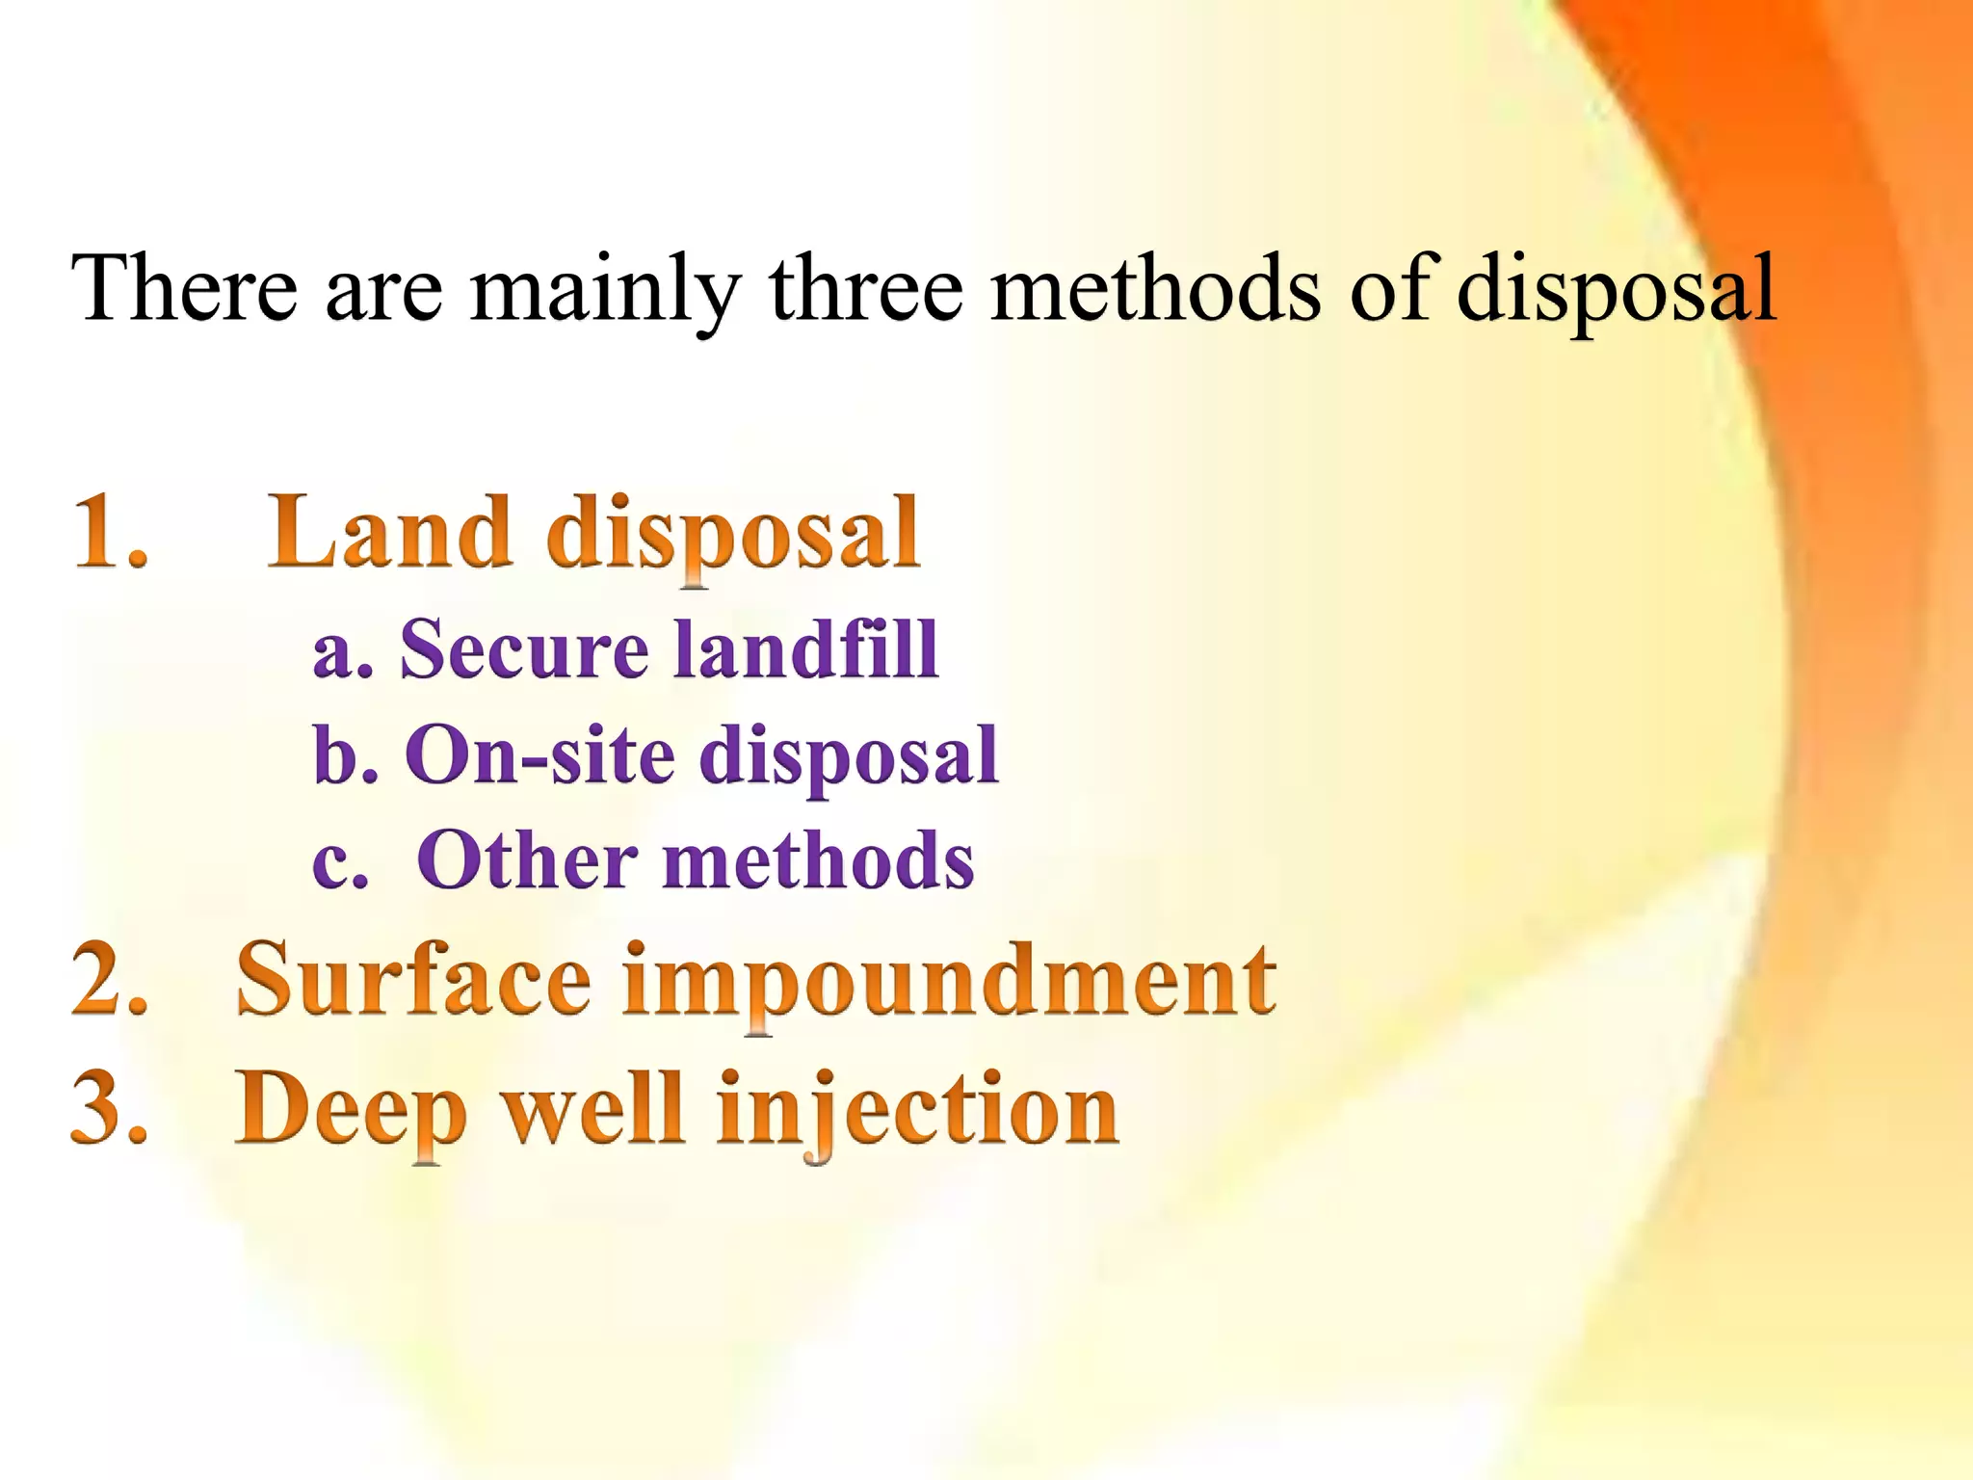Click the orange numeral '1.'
tap(110, 532)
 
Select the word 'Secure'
tap(524, 648)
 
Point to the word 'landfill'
tap(804, 648)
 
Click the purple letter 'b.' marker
tap(345, 754)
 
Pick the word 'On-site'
tap(539, 754)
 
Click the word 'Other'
tap(527, 859)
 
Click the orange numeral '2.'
tap(110, 980)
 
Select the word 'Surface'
tap(413, 980)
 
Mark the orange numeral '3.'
tap(110, 1108)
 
